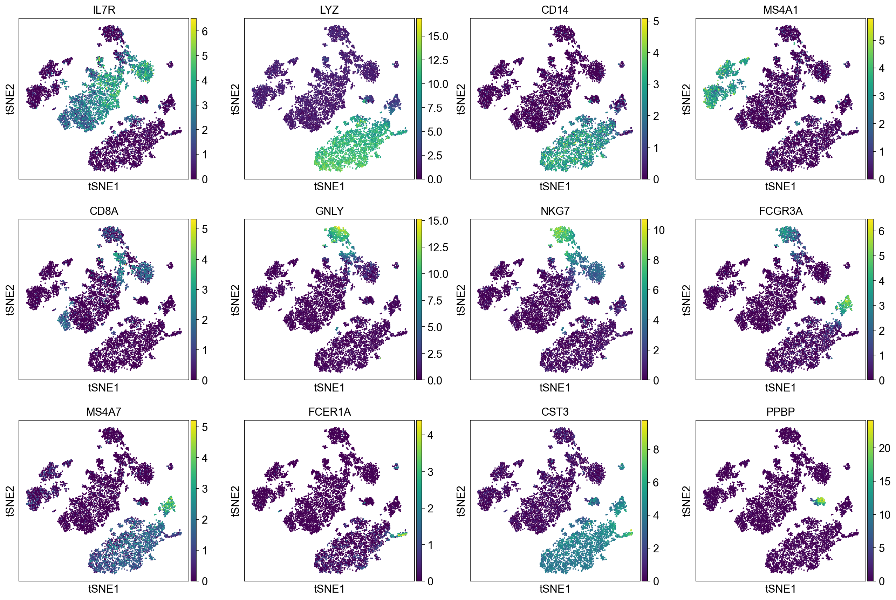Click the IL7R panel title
104,10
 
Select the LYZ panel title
329,10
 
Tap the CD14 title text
555,10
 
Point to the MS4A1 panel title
780,10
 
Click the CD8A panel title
104,211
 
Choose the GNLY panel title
329,211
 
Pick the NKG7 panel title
555,211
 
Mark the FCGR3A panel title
780,211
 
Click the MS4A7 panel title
104,412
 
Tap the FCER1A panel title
329,412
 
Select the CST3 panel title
555,412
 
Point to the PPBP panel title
780,412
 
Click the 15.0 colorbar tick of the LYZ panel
438,37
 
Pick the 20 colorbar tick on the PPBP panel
884,448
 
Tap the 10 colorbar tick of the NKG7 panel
659,230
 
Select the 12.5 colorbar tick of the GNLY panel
438,247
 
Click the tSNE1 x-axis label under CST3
555,589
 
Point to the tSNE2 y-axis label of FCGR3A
687,300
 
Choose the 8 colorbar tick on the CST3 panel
656,450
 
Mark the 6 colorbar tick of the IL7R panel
205,32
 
